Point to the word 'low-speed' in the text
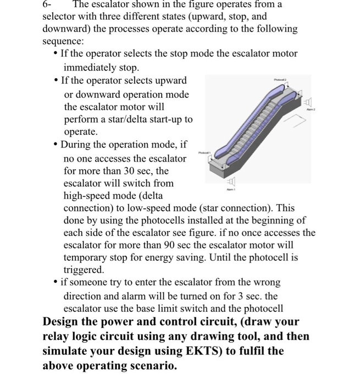pyautogui.click(x=173, y=208)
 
